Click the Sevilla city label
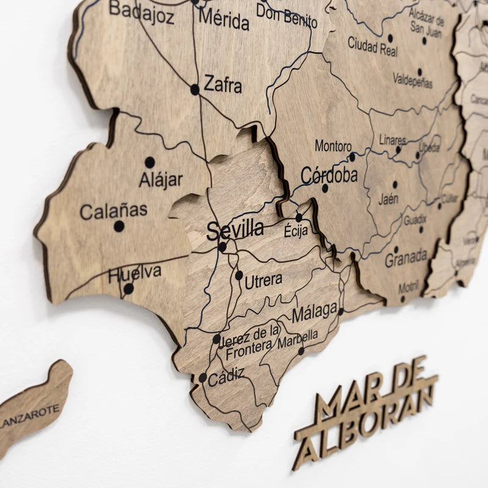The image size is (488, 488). pyautogui.click(x=235, y=230)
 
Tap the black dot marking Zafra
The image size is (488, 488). pyautogui.click(x=195, y=90)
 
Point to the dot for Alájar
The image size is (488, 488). pyautogui.click(x=149, y=162)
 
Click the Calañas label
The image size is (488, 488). pyautogui.click(x=113, y=211)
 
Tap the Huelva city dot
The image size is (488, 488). pyautogui.click(x=129, y=289)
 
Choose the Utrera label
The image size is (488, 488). pyautogui.click(x=263, y=281)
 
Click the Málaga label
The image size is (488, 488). pyautogui.click(x=314, y=314)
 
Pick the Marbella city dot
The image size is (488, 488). pyautogui.click(x=301, y=351)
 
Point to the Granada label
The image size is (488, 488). pyautogui.click(x=406, y=259)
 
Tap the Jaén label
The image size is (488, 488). pyautogui.click(x=388, y=199)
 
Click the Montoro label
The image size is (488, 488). pyautogui.click(x=333, y=146)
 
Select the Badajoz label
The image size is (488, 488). pyautogui.click(x=142, y=12)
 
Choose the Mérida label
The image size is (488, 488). pyautogui.click(x=224, y=20)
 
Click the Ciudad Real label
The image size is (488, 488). pyautogui.click(x=372, y=46)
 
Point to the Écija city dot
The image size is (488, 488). pyautogui.click(x=299, y=217)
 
